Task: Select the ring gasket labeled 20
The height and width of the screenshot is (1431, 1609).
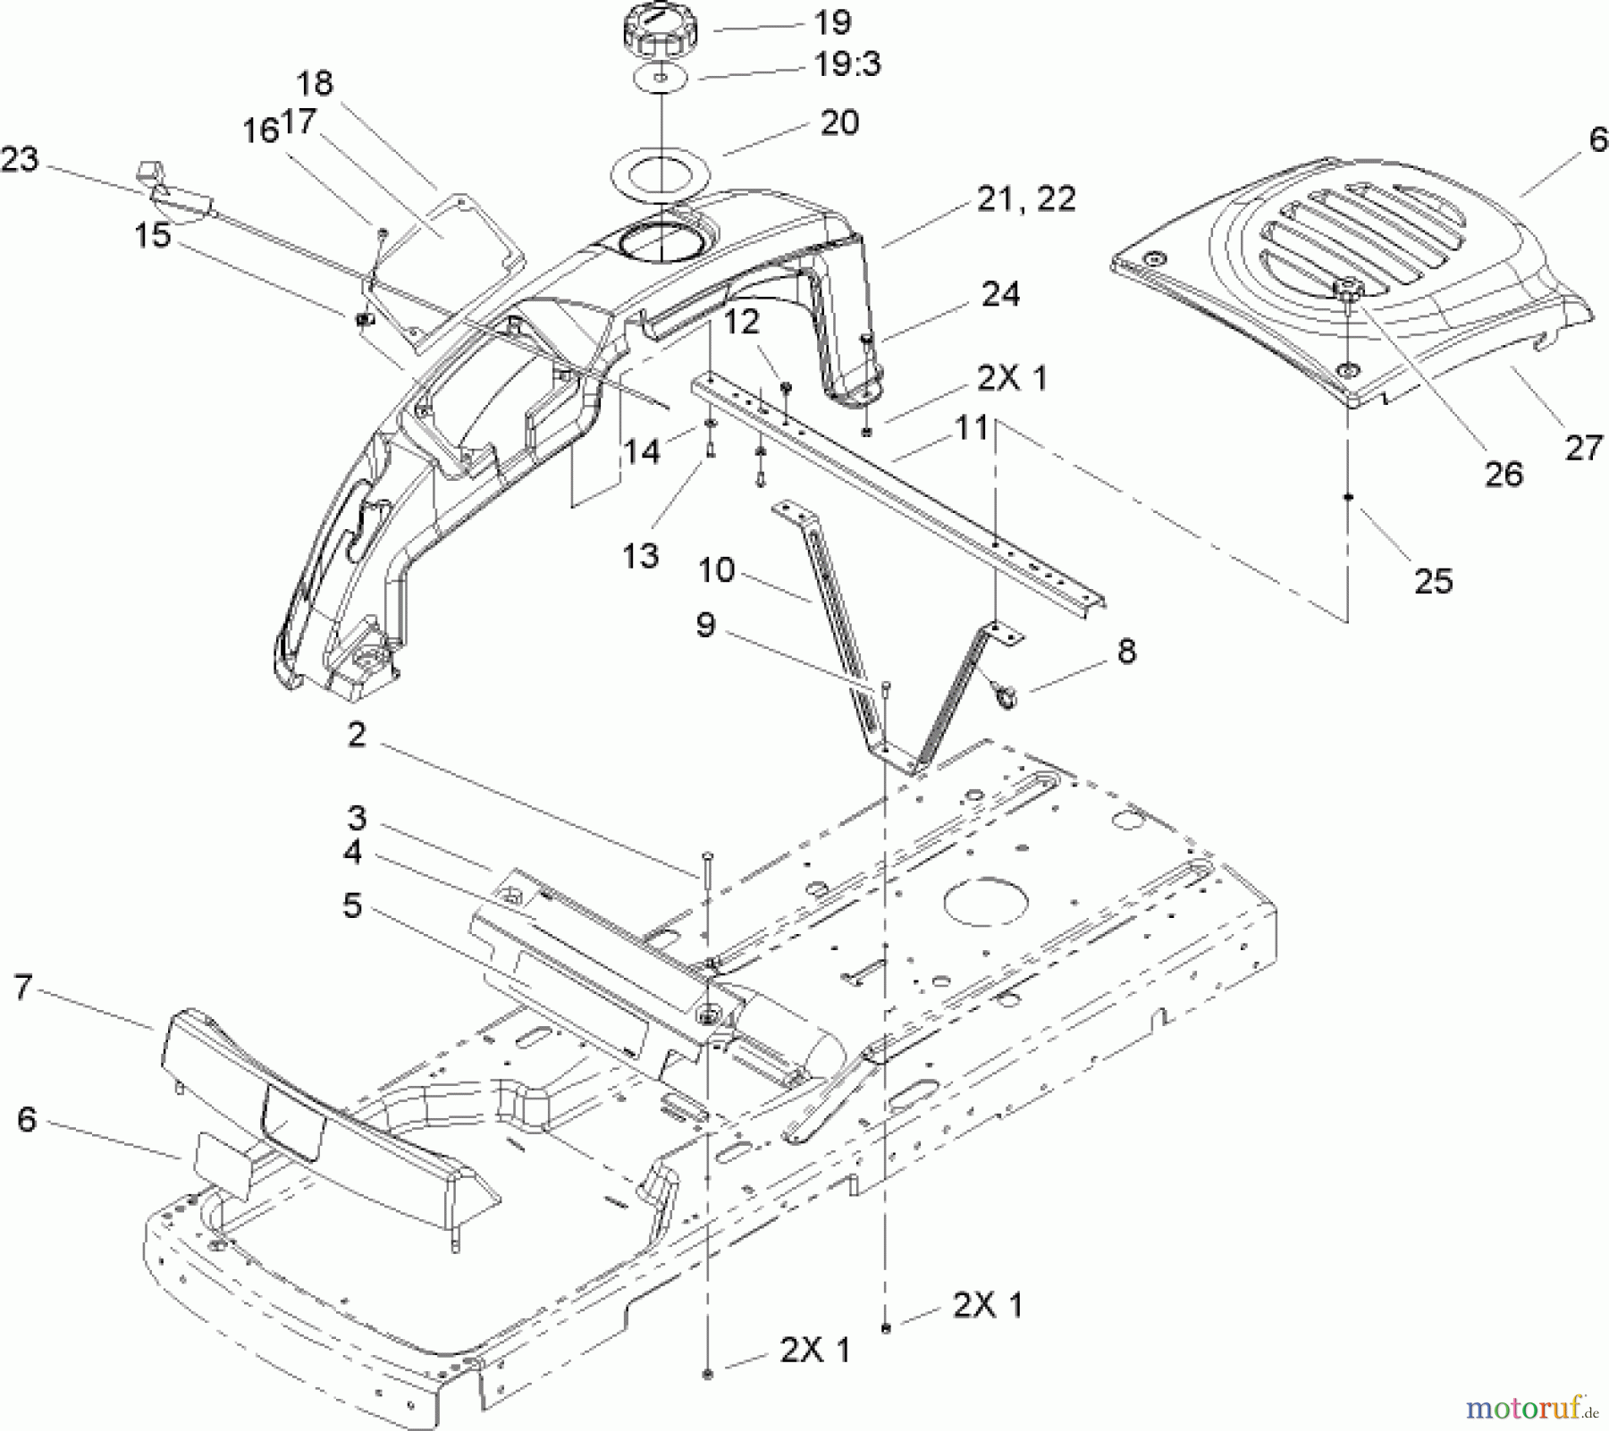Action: click(x=660, y=169)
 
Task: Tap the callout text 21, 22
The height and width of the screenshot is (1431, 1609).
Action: click(x=1025, y=198)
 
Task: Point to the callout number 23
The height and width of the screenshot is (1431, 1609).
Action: click(x=20, y=160)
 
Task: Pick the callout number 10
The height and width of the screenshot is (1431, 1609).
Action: click(x=715, y=570)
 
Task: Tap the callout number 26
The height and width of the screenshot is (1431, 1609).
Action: click(x=1503, y=474)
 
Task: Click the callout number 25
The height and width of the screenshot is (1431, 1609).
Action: click(x=1433, y=582)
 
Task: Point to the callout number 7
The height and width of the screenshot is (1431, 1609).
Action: click(x=23, y=988)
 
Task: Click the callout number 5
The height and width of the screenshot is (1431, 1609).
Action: click(x=352, y=905)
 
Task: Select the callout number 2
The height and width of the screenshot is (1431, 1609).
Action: click(x=357, y=736)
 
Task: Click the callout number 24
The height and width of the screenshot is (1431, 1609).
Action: click(x=999, y=294)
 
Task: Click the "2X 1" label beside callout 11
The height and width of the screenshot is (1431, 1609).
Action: click(x=1011, y=378)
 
